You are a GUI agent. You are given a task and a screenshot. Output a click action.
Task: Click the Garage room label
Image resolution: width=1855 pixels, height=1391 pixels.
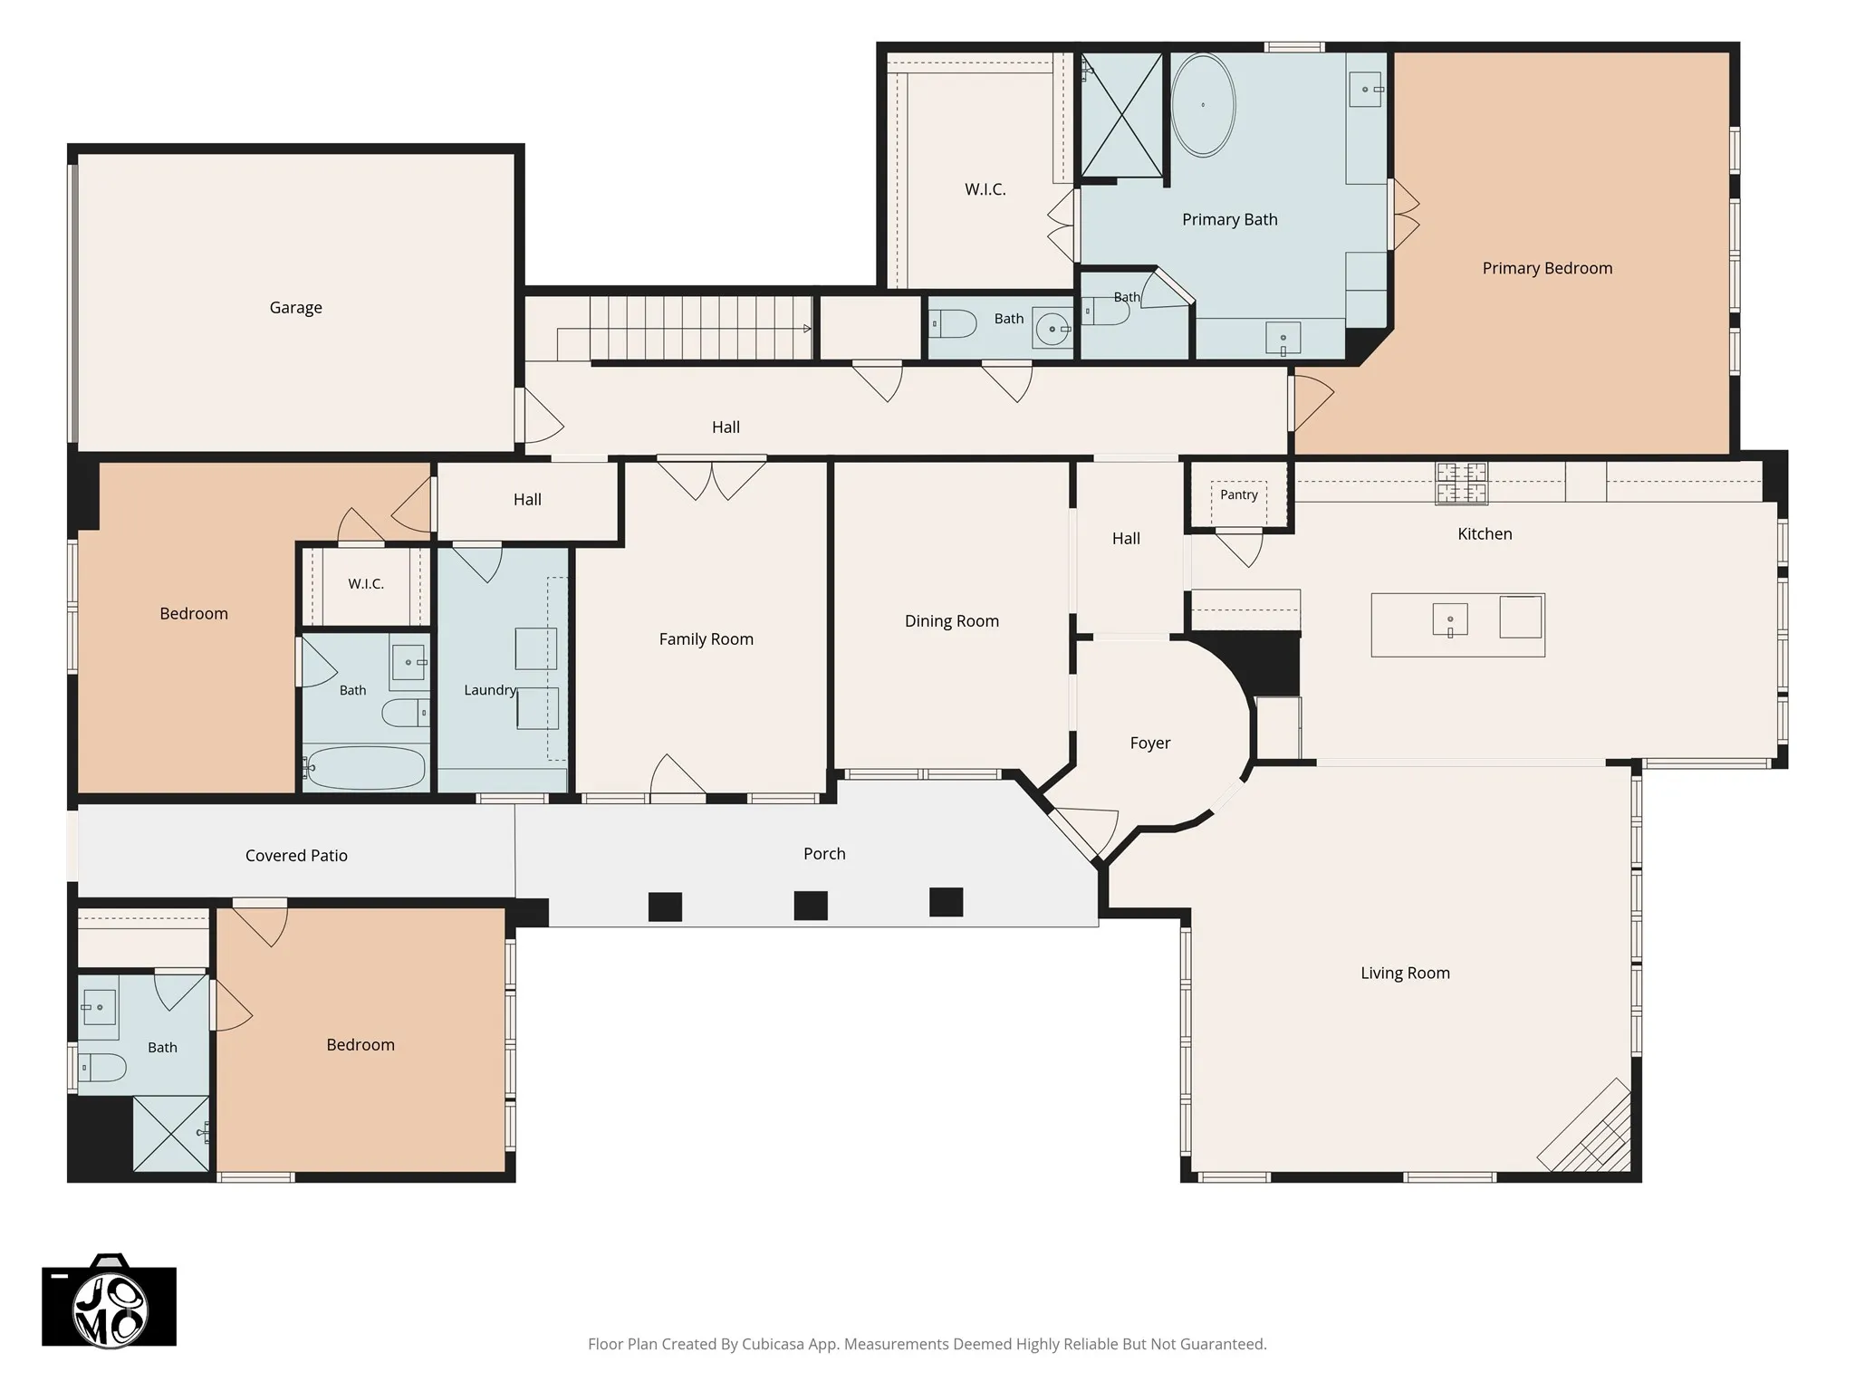[295, 308]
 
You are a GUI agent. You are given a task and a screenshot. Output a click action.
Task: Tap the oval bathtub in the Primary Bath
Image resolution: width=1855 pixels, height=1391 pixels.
[1203, 105]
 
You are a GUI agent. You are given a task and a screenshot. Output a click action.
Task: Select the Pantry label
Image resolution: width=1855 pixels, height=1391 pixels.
[1238, 494]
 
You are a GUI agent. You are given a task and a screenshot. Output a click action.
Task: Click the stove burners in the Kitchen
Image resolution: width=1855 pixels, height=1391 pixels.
[1461, 483]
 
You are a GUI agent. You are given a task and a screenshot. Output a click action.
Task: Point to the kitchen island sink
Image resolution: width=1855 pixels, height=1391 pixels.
[1450, 620]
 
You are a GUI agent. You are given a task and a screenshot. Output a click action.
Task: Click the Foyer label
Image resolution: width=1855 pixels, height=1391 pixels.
[1150, 743]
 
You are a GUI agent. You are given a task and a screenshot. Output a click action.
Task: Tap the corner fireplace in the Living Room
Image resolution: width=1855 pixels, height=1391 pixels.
[1585, 1127]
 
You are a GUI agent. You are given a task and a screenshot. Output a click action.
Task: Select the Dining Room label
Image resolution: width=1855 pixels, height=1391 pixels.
[952, 621]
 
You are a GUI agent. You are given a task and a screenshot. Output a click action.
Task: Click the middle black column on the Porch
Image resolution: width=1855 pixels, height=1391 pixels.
[811, 906]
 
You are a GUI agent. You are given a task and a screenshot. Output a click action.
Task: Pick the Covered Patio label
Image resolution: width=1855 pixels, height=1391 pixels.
[296, 856]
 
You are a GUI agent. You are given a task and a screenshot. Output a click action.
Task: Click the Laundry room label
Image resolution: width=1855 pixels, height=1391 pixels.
[490, 690]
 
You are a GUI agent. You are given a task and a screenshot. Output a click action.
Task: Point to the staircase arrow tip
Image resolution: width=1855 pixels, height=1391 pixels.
[810, 329]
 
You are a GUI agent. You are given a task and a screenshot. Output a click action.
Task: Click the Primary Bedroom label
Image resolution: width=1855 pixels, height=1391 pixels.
[1547, 268]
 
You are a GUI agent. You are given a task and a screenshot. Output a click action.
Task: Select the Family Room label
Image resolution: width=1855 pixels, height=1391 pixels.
[706, 639]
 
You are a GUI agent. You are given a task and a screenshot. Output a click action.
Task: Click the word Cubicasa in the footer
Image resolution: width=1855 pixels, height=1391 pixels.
[774, 1344]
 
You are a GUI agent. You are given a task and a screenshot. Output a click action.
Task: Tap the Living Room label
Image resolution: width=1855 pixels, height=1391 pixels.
[1405, 974]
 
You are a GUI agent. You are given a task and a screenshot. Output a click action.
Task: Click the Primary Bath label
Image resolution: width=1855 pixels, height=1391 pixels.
[1230, 220]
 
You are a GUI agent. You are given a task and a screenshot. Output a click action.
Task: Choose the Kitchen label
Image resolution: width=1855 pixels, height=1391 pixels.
[1485, 534]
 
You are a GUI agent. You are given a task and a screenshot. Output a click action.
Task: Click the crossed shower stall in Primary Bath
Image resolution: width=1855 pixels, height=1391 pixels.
[1122, 115]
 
